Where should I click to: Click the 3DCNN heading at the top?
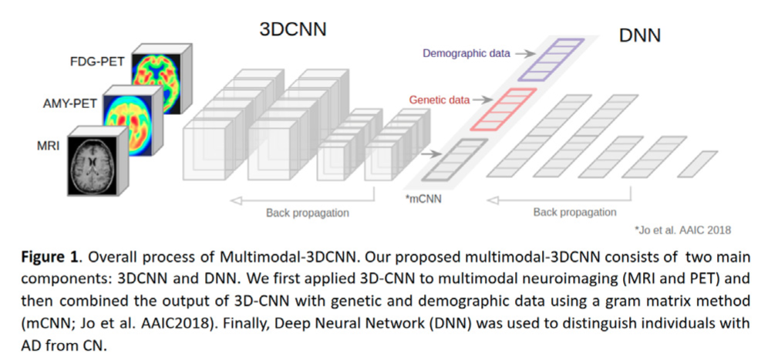(x=292, y=29)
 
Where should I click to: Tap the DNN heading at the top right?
(x=640, y=35)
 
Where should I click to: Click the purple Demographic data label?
(x=466, y=53)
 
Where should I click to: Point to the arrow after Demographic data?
(x=524, y=53)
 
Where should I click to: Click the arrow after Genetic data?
(x=481, y=99)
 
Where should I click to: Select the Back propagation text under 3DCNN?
(x=307, y=212)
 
